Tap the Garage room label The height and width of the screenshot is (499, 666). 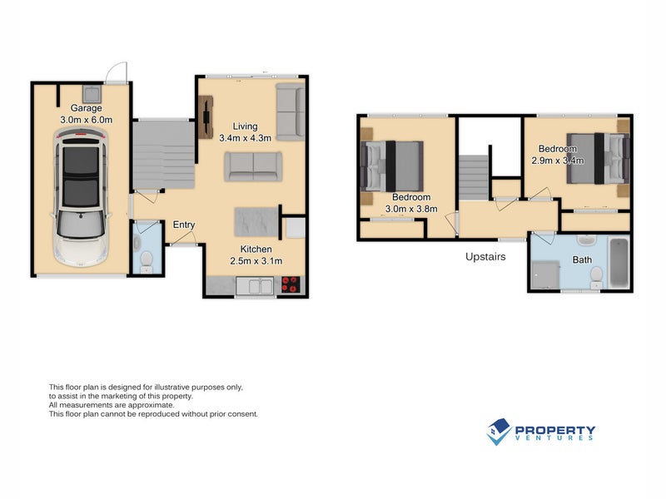tap(87, 108)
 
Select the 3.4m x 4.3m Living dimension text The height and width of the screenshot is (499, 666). tap(245, 138)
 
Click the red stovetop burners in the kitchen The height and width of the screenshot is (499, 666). tap(291, 284)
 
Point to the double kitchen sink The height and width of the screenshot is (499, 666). tap(255, 285)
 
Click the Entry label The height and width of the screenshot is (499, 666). tap(184, 225)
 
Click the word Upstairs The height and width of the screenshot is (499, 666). tap(485, 257)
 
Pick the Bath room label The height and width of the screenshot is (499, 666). tap(582, 259)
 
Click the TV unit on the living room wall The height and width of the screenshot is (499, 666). tap(206, 117)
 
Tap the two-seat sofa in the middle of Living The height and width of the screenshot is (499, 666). tap(253, 166)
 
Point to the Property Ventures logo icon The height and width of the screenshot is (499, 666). tap(499, 432)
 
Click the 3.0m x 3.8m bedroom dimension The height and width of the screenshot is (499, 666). tap(411, 209)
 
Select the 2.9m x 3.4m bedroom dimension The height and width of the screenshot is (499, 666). tap(558, 161)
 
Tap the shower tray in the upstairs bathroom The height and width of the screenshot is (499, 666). tap(545, 275)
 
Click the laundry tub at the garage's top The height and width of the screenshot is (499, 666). tap(92, 94)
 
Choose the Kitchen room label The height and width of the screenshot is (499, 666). tap(256, 249)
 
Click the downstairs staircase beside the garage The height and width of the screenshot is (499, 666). tap(163, 155)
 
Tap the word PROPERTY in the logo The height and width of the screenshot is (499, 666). tap(555, 431)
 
